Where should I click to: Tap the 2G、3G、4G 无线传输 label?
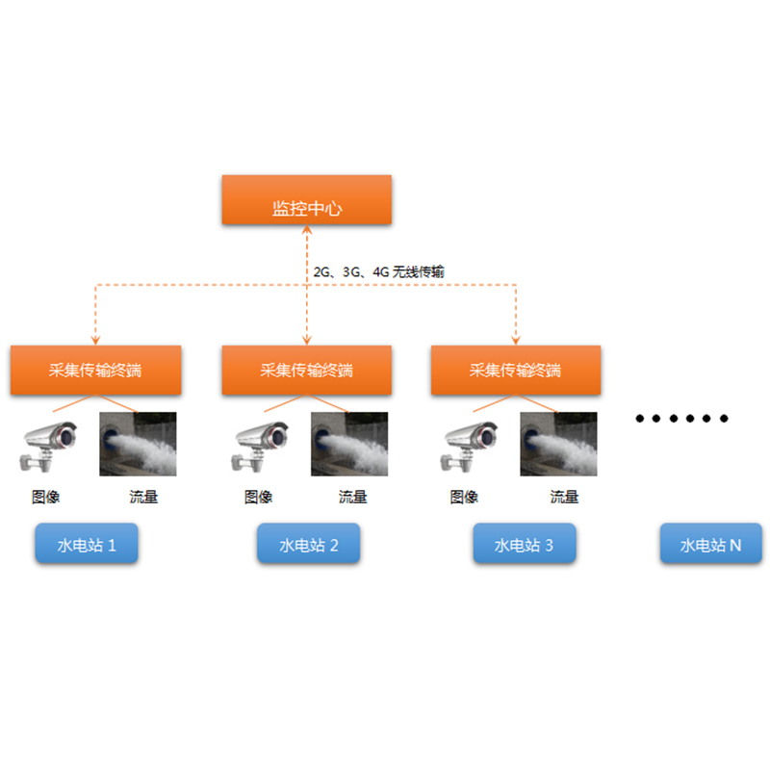379,272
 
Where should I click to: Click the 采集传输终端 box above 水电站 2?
306,370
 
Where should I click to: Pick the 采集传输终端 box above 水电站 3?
515,370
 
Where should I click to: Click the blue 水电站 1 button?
87,545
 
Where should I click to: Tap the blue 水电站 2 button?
308,545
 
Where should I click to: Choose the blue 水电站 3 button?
524,545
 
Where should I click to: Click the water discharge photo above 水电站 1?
139,444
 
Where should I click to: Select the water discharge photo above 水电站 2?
349,444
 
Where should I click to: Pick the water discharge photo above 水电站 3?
558,444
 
